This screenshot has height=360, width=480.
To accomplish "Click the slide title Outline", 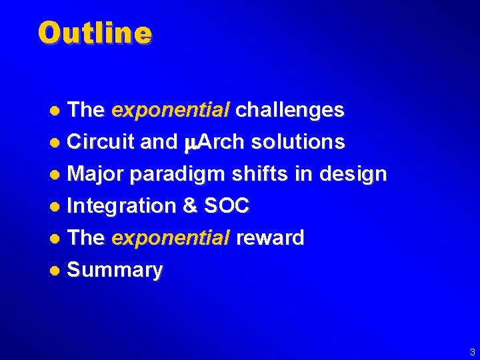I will tap(95, 32).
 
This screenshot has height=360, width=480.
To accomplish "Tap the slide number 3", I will tap(472, 351).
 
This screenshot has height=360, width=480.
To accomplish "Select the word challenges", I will tap(290, 110).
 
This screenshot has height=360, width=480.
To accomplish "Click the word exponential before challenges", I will tap(171, 110).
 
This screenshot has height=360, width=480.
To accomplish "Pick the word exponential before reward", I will tap(171, 238).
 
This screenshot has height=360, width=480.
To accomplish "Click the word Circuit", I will tap(102, 142).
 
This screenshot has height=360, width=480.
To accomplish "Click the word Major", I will tap(97, 174).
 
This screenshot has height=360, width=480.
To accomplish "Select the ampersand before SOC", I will tap(190, 206).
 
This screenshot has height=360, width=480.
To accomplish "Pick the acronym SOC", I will tap(226, 206).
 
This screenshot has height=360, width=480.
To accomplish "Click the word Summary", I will tap(115, 271).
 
